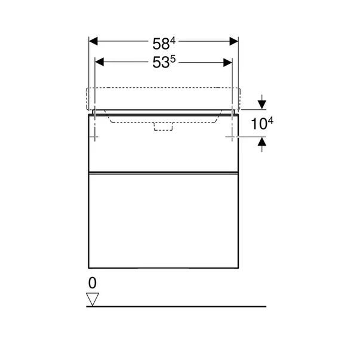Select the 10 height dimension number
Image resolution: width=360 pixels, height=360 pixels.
tap(257, 124)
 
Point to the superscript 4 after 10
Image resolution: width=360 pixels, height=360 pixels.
tap(271, 120)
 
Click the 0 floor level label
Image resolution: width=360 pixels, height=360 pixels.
tap(91, 282)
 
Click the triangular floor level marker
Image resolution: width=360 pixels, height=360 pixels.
tap(93, 299)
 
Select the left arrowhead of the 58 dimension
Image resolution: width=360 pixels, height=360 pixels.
tap(93, 41)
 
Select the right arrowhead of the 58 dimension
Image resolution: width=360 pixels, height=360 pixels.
tap(234, 41)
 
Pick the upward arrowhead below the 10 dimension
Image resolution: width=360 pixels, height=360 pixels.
tap(261, 141)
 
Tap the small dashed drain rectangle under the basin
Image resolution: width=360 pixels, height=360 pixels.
tap(163, 126)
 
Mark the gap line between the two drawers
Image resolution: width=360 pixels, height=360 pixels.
tap(163, 173)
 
